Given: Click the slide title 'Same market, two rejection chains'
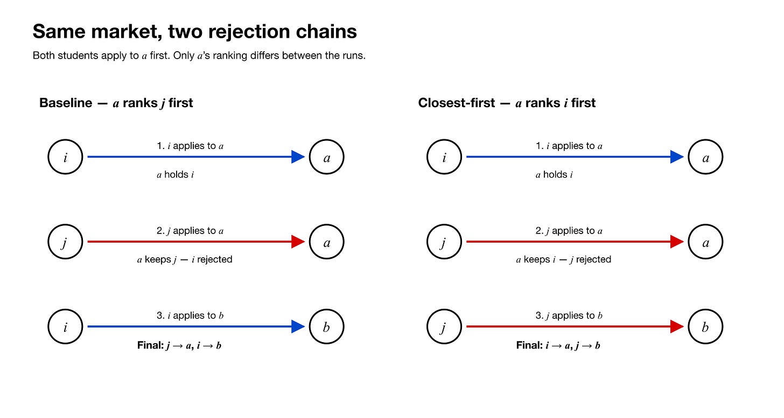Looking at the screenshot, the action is pyautogui.click(x=194, y=32).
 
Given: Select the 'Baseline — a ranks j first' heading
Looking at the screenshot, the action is pyautogui.click(x=116, y=103).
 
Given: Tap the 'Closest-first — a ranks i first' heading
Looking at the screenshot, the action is pyautogui.click(x=507, y=103).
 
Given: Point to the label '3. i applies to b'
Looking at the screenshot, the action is pyautogui.click(x=190, y=315).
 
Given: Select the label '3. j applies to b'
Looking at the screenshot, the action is pyautogui.click(x=569, y=315).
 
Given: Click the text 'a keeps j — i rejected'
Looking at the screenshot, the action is pyautogui.click(x=185, y=259).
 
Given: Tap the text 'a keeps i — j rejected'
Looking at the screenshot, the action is pyautogui.click(x=563, y=259).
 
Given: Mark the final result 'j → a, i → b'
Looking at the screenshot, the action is pyautogui.click(x=194, y=345).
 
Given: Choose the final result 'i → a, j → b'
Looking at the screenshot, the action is pyautogui.click(x=572, y=345).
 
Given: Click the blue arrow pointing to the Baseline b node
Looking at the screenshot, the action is pyautogui.click(x=196, y=327).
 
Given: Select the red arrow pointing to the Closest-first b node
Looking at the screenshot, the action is pyautogui.click(x=575, y=327).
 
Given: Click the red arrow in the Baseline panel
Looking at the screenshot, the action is pyautogui.click(x=196, y=242).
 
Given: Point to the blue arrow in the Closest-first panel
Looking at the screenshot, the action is pyautogui.click(x=575, y=157).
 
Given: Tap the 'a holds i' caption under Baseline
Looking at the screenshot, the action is pyautogui.click(x=175, y=174).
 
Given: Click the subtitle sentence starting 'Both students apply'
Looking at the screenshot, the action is pyautogui.click(x=199, y=55).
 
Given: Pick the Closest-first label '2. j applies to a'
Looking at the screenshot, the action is pyautogui.click(x=569, y=231).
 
